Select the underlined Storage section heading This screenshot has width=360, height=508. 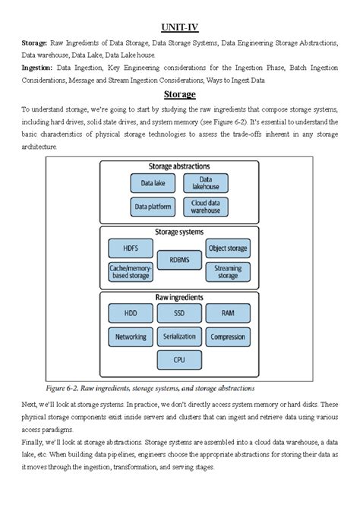click(179, 94)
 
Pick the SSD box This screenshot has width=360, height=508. click(179, 312)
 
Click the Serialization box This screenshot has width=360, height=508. click(179, 336)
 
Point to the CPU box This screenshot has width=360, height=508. click(179, 358)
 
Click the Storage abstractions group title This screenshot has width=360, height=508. click(179, 166)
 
